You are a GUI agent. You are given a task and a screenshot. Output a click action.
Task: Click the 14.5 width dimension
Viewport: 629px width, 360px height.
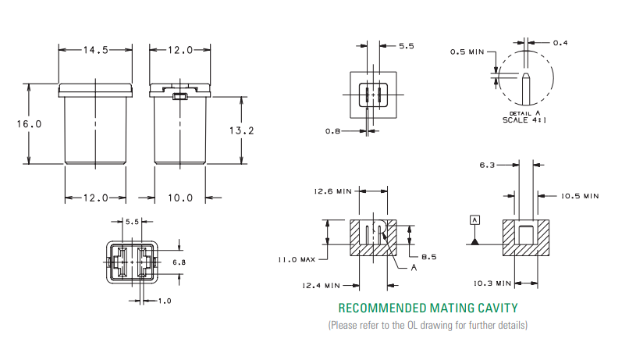coord(95,50)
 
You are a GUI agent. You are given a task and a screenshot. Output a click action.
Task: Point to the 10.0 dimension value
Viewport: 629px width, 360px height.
coord(179,198)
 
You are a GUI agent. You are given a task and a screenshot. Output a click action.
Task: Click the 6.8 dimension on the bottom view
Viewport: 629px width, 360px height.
coord(178,262)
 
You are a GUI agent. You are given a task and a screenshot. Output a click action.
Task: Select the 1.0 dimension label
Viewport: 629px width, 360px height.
coord(165,301)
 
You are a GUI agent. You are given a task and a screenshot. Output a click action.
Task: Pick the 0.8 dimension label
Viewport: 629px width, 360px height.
coord(333,131)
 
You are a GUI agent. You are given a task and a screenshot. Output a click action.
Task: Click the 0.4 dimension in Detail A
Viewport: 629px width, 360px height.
coord(560,42)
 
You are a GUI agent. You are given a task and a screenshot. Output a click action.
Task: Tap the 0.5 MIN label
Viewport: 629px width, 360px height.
coord(467,52)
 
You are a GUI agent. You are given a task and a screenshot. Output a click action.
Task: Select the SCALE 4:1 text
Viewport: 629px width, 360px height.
coord(525,120)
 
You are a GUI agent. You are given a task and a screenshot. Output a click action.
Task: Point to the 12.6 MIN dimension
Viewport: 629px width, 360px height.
coord(333,191)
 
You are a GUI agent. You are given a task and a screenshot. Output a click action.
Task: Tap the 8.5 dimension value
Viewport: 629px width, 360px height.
coord(428,257)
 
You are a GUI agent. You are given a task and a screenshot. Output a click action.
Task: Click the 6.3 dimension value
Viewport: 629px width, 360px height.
coord(488,165)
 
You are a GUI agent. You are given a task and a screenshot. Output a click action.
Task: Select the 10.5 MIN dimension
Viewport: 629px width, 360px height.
coord(579,196)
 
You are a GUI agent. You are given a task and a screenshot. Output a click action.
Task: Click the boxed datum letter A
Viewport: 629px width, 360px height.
coord(474,221)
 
